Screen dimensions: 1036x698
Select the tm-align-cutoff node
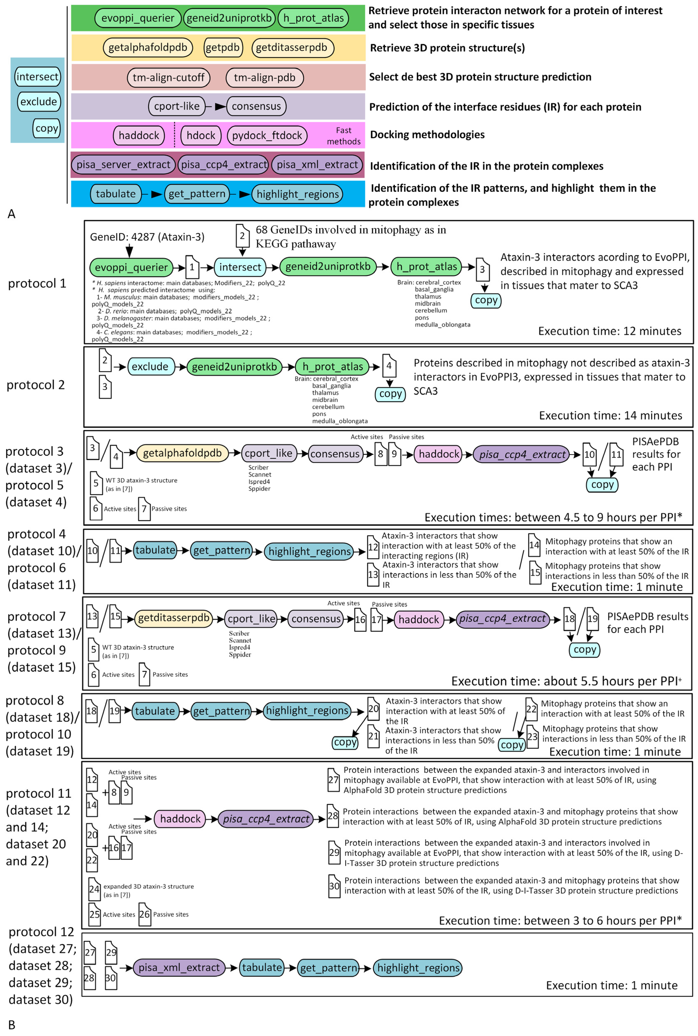pyautogui.click(x=168, y=77)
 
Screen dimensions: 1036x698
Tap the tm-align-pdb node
pyautogui.click(x=264, y=77)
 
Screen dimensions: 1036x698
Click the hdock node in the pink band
pyautogui.click(x=201, y=135)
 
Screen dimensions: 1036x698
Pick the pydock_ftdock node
pyautogui.click(x=267, y=135)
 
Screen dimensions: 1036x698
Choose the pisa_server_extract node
pyautogui.click(x=123, y=165)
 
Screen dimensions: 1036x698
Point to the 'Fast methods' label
pyautogui.click(x=344, y=136)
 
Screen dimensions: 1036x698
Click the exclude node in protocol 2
pyautogui.click(x=150, y=367)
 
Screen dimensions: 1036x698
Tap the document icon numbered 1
pyautogui.click(x=192, y=267)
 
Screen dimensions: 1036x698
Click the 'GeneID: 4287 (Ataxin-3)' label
pyautogui.click(x=147, y=237)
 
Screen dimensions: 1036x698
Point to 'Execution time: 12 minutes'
pyautogui.click(x=609, y=331)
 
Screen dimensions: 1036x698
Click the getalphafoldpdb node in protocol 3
pyautogui.click(x=182, y=453)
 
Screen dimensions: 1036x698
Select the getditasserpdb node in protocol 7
pyautogui.click(x=174, y=618)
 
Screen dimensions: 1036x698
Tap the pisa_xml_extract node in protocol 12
pyautogui.click(x=179, y=967)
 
